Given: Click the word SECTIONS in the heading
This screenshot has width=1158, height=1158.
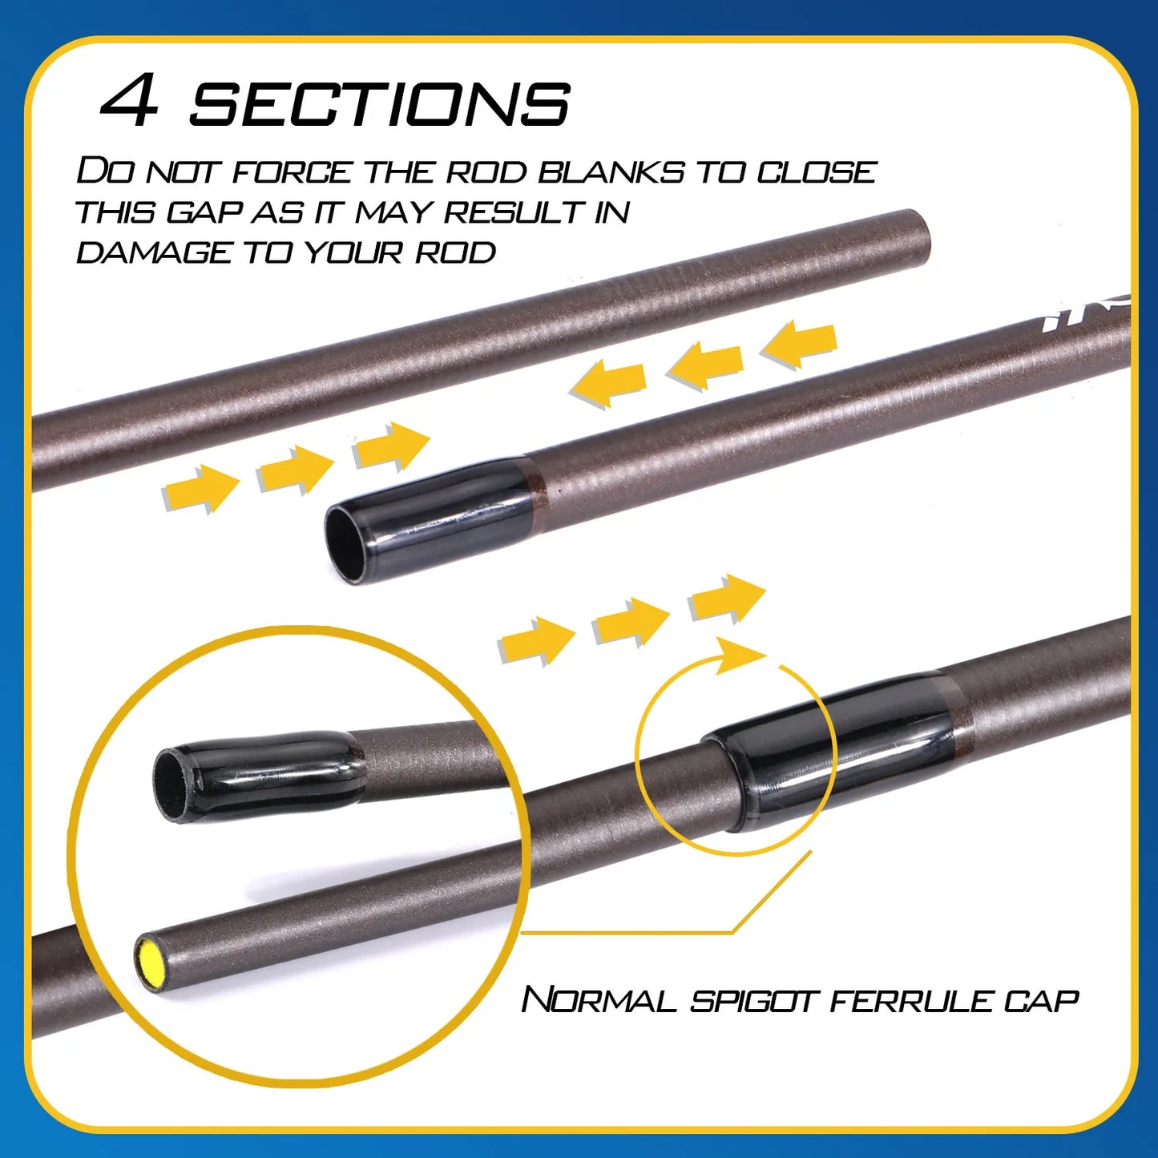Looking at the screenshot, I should point(379,103).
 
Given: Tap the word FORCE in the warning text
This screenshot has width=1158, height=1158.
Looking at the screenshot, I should point(292,171).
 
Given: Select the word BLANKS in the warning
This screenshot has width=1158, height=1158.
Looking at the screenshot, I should point(611,171).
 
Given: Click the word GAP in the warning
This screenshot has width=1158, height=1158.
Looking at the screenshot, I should point(205,212).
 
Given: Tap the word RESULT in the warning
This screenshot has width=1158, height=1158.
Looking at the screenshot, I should point(513,212).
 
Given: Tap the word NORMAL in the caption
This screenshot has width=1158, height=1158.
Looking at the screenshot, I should point(599,1000).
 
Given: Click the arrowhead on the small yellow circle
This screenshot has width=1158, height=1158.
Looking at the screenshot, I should point(741,655).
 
